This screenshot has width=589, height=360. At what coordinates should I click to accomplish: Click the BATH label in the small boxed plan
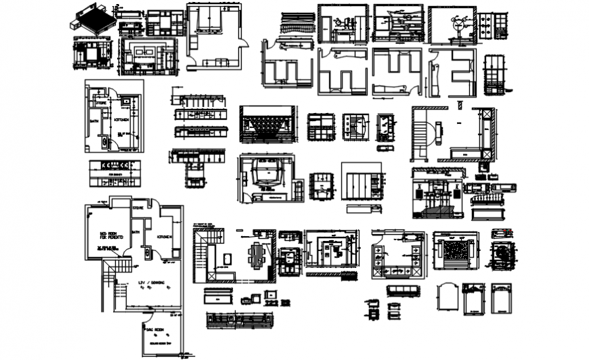[x=94, y=122]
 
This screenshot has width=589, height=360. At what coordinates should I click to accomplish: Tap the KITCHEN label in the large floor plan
[x=166, y=236]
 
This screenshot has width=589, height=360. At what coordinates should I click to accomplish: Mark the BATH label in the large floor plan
[x=136, y=232]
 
